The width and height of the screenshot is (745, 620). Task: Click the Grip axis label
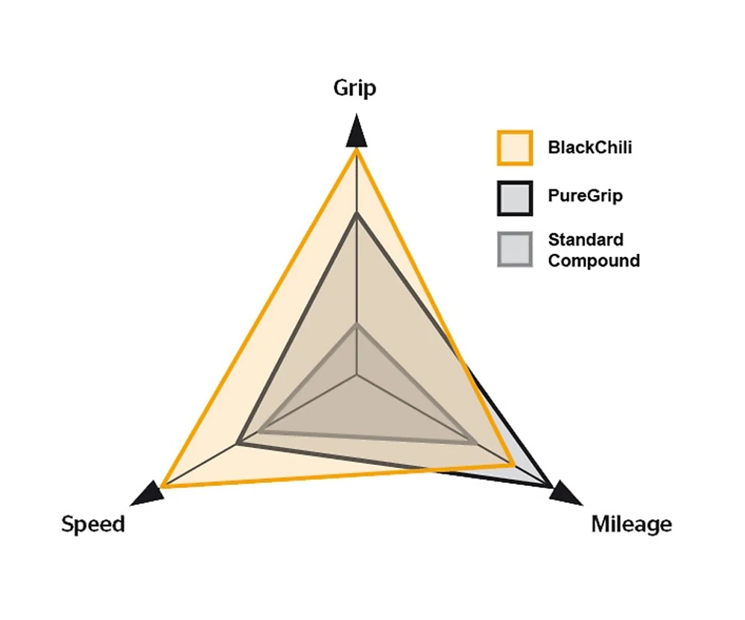tap(355, 89)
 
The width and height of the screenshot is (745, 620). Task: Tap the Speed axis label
tap(93, 525)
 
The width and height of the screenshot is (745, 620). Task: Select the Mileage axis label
tap(631, 525)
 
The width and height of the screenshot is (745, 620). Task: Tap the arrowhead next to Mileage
tap(567, 493)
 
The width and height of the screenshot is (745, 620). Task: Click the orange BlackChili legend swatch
tap(514, 148)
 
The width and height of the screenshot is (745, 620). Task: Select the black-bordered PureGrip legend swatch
tap(514, 197)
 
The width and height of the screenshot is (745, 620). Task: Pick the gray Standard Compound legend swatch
tap(514, 250)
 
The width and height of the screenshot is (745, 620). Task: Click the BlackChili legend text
tap(590, 148)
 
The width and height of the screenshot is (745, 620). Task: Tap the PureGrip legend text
tap(586, 197)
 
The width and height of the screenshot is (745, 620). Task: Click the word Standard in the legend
tap(576, 240)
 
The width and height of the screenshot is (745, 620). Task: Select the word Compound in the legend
tap(594, 261)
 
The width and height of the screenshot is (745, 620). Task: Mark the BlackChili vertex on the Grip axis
tap(357, 150)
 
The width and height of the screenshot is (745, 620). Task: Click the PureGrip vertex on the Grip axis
tap(357, 215)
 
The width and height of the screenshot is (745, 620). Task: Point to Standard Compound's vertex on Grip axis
tap(357, 325)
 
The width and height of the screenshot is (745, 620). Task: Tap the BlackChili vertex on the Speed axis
tap(162, 487)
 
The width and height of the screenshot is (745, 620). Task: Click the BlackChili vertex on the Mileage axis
tap(514, 466)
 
